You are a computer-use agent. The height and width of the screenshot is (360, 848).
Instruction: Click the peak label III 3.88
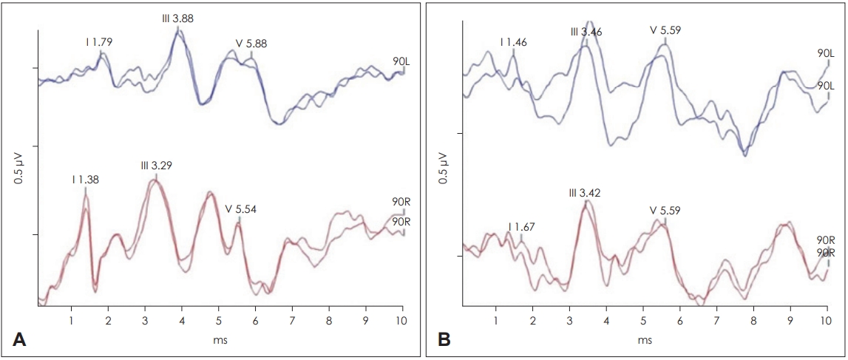[x=177, y=18]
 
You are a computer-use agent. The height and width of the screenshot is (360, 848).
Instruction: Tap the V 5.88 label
[x=251, y=43]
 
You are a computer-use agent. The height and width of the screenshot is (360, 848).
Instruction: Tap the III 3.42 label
[x=585, y=193]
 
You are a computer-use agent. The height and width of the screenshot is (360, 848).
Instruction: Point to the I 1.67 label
[x=522, y=226]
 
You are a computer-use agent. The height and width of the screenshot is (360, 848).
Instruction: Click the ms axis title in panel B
[x=644, y=340]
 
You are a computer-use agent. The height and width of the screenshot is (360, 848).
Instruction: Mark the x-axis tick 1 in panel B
[x=495, y=319]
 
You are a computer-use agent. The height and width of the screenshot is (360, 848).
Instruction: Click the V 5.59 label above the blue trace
[x=665, y=31]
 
